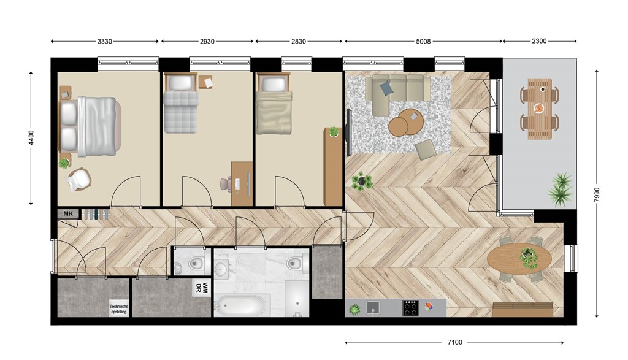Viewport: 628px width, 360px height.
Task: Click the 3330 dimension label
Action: (x=104, y=41)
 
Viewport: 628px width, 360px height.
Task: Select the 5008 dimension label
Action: (x=423, y=41)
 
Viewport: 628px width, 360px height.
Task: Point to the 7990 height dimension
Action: (x=597, y=194)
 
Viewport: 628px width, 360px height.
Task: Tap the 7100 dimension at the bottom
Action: (x=454, y=342)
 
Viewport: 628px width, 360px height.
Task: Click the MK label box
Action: (x=68, y=214)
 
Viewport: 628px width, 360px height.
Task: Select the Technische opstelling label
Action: (x=118, y=309)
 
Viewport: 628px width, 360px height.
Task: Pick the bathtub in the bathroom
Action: (x=240, y=306)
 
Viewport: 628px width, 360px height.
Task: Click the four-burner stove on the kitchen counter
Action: (x=410, y=308)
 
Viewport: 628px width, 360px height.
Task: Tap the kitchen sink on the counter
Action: (x=373, y=308)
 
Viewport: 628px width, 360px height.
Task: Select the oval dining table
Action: (x=519, y=259)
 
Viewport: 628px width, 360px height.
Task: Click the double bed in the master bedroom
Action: (x=90, y=126)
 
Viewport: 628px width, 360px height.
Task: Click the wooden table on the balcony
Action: (x=540, y=109)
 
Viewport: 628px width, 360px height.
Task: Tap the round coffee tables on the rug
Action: (x=405, y=122)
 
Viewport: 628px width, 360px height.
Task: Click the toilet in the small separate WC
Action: (x=196, y=263)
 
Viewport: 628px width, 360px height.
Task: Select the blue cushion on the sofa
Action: (x=386, y=88)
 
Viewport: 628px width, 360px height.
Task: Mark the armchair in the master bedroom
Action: (x=79, y=179)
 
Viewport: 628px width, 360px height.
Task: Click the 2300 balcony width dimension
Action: (x=539, y=41)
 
